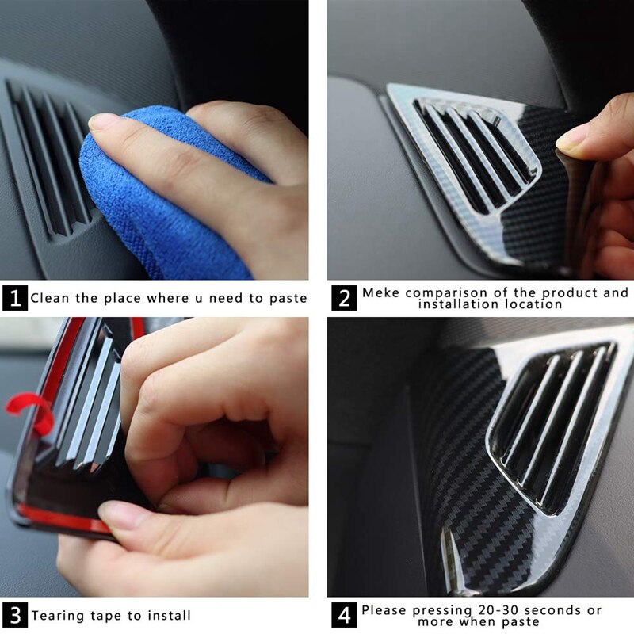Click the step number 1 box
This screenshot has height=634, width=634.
[15, 299]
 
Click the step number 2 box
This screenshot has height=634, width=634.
[343, 299]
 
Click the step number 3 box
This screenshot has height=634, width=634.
[15, 615]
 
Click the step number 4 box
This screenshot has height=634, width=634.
[343, 615]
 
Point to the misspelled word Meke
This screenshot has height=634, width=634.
[381, 293]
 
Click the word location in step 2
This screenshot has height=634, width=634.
[530, 304]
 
